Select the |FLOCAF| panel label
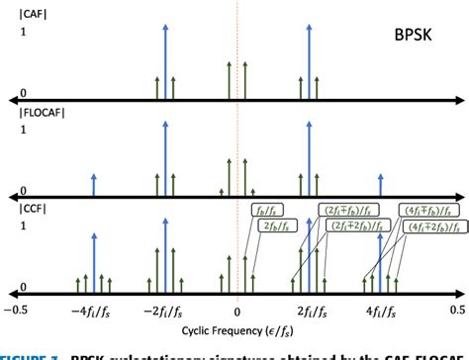29,112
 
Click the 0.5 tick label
452,310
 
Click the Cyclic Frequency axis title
236,329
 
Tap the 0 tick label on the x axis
236,310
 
